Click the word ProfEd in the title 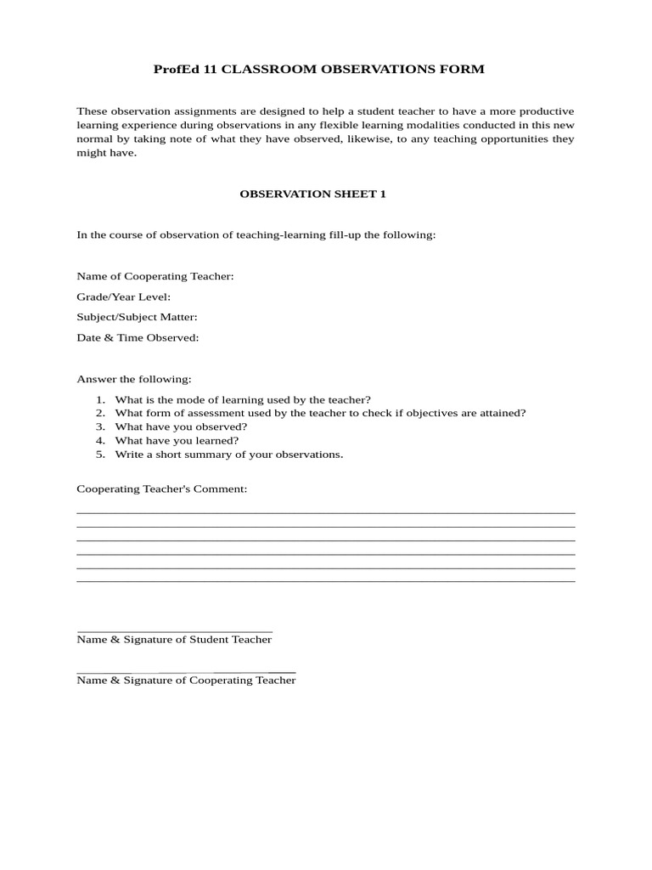click(x=172, y=70)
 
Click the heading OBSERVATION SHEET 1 click(x=312, y=194)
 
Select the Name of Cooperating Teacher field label click(x=155, y=276)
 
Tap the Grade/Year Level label click(x=124, y=297)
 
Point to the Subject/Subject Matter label click(x=138, y=317)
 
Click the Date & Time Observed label click(x=138, y=337)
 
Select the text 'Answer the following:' click(x=134, y=379)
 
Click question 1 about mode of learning click(x=243, y=399)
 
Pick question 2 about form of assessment click(x=320, y=413)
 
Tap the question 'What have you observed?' click(x=181, y=427)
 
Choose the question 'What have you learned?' click(x=177, y=440)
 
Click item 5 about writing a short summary click(x=229, y=454)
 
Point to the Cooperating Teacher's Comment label click(x=162, y=489)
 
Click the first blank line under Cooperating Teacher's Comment click(x=326, y=512)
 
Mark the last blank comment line click(x=326, y=580)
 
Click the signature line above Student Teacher click(x=174, y=631)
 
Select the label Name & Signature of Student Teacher click(x=174, y=640)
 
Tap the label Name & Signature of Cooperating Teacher click(x=186, y=681)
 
